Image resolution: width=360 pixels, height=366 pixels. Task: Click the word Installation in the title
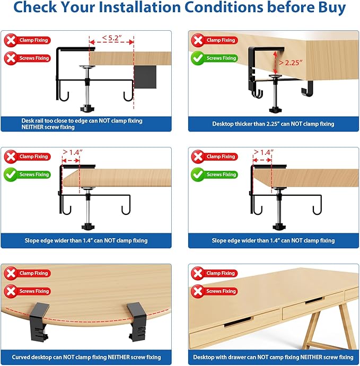click(x=139, y=7)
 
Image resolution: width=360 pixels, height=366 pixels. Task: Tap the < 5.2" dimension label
click(x=112, y=37)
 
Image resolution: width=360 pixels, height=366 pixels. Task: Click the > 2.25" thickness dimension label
click(x=291, y=63)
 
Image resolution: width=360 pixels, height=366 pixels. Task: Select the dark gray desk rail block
click(x=145, y=77)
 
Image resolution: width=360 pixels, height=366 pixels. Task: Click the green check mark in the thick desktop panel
click(x=197, y=58)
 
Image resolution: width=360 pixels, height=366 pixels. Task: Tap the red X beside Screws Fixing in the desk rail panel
click(x=11, y=58)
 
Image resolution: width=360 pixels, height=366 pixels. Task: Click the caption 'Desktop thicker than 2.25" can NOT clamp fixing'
click(x=273, y=124)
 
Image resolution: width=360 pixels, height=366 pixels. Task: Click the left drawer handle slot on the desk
click(x=238, y=321)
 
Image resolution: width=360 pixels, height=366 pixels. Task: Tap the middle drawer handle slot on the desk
click(x=314, y=300)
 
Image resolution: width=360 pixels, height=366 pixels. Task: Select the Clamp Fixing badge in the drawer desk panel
click(x=214, y=273)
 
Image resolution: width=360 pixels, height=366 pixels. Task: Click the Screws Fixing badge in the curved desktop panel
click(x=27, y=291)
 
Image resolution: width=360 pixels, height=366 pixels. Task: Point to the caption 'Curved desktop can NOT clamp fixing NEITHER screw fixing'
click(x=86, y=357)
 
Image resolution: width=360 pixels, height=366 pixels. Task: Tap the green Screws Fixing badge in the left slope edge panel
click(x=27, y=175)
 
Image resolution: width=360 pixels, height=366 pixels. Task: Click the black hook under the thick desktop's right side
click(x=308, y=88)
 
